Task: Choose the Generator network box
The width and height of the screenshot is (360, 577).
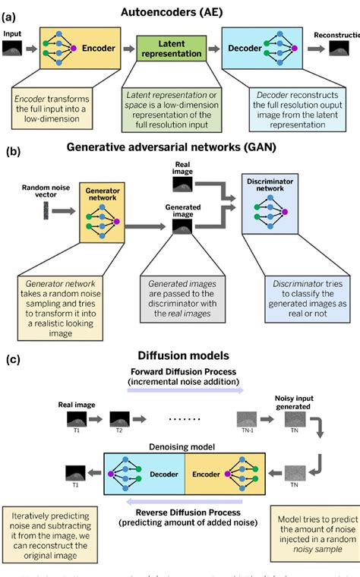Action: click(x=101, y=210)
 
